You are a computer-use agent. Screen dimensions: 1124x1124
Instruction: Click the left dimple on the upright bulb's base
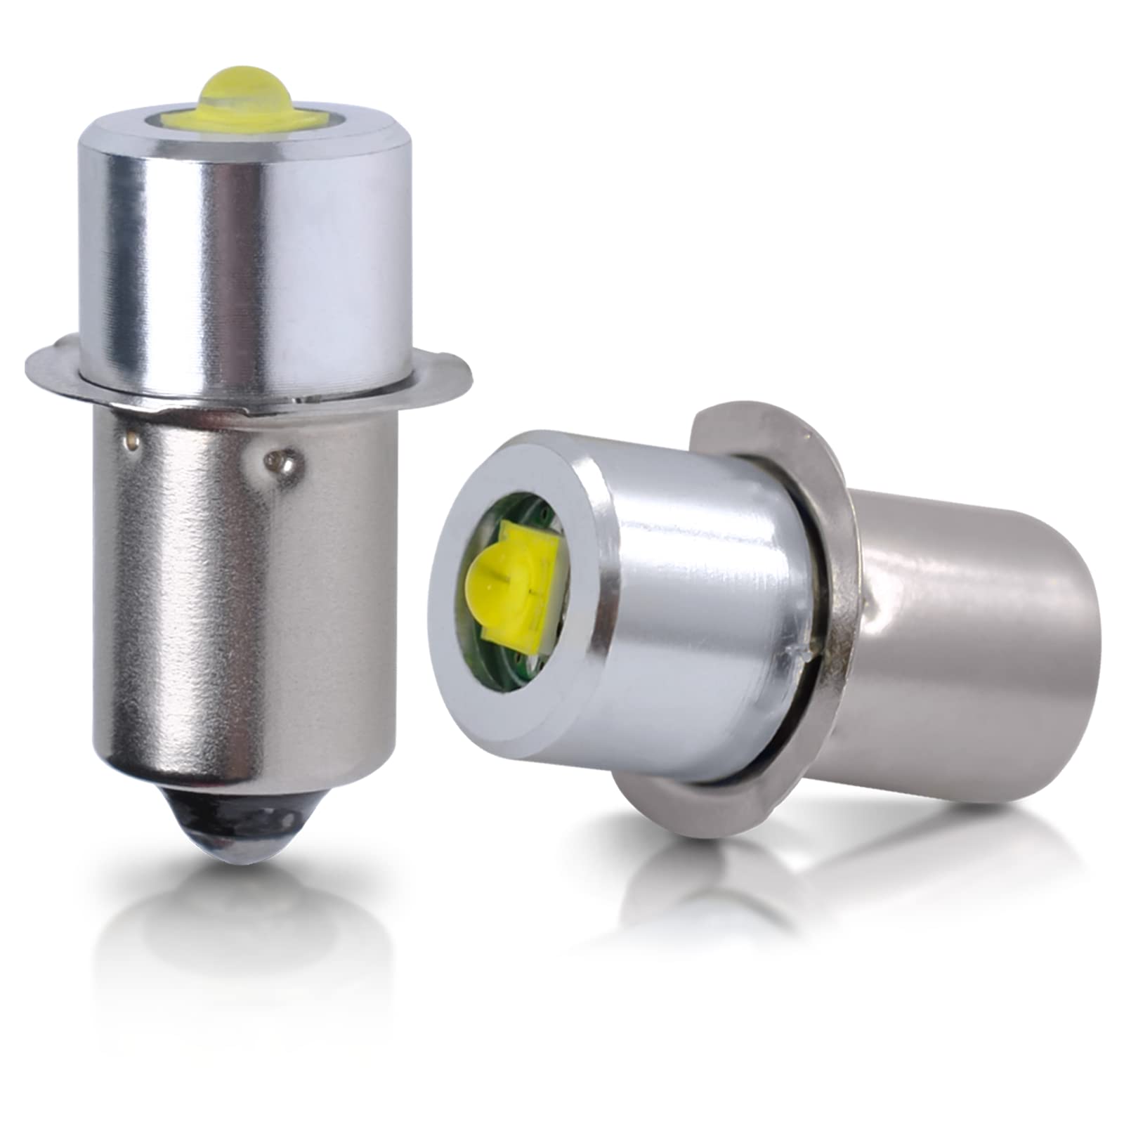[x=131, y=441]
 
